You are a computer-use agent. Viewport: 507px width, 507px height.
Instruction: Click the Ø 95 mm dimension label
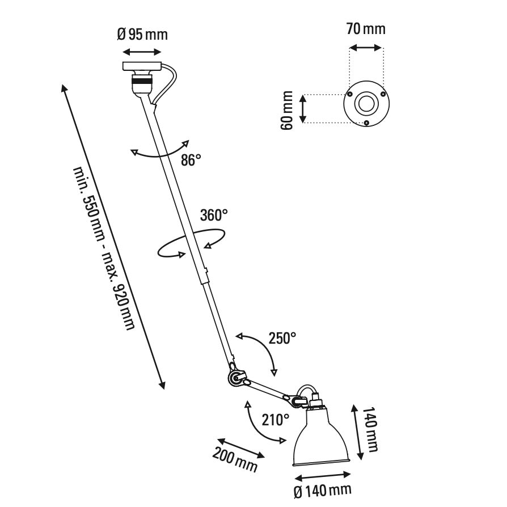[x=142, y=34]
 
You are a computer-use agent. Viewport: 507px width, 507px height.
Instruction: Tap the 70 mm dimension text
[x=366, y=28]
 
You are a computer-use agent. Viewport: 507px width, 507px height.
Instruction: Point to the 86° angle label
[x=191, y=160]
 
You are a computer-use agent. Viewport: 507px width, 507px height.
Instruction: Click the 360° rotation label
[x=214, y=215]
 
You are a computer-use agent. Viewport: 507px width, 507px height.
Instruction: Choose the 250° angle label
[x=282, y=339]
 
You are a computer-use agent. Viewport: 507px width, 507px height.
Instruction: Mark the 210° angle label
[x=276, y=420]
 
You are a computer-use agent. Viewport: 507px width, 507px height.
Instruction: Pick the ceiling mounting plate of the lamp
[x=142, y=67]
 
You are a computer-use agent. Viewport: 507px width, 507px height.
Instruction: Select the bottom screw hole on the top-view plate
[x=366, y=122]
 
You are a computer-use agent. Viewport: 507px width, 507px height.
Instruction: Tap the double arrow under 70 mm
[x=366, y=48]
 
